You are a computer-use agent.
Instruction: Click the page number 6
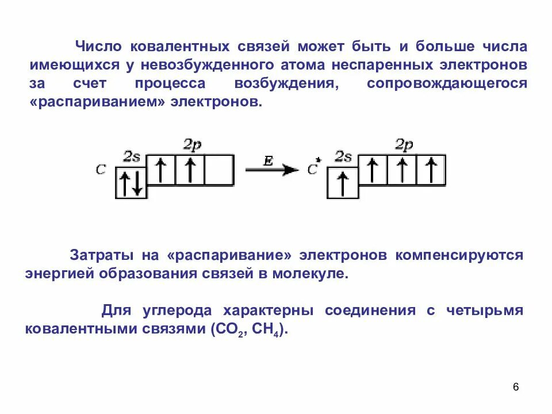tap(515, 387)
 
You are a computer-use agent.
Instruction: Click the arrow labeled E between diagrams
tap(271, 170)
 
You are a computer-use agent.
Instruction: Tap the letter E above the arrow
tap(268, 162)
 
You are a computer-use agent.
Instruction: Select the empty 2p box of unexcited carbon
tap(219, 170)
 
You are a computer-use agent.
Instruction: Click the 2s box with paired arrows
tap(131, 183)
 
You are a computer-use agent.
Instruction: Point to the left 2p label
tap(193, 145)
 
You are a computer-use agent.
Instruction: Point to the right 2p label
tap(404, 145)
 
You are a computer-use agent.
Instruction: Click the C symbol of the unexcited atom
tap(102, 170)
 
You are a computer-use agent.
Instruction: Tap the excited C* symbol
tap(313, 168)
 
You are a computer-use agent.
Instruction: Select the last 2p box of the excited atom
tap(431, 170)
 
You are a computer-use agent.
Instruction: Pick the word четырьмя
tap(484, 310)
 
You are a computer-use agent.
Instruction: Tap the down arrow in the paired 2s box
tap(137, 184)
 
